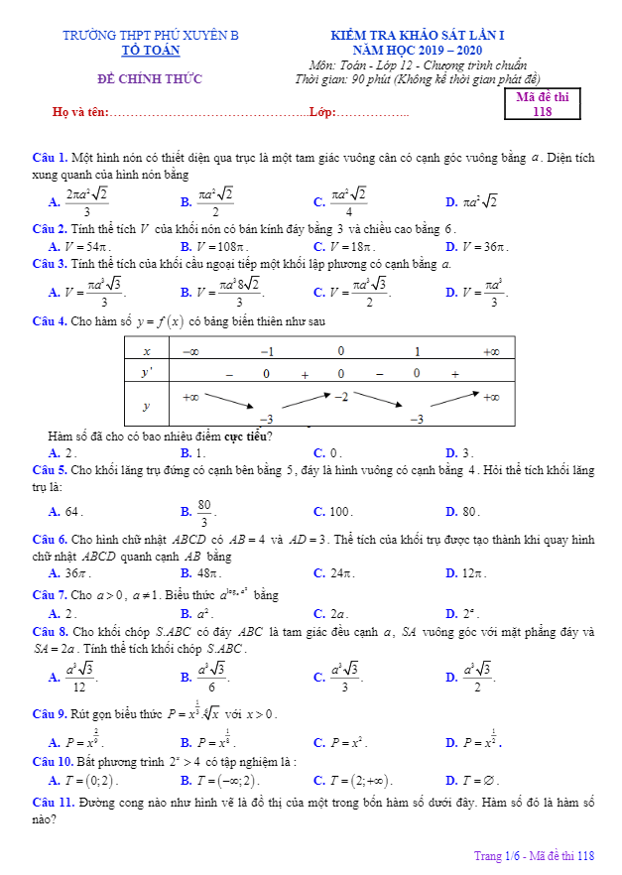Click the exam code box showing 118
point(542,104)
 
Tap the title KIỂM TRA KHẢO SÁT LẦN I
point(427,36)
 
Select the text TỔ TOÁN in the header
point(151,49)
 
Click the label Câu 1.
point(49,157)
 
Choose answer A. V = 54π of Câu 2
point(79,247)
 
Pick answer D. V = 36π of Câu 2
point(477,247)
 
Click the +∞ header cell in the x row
point(490,351)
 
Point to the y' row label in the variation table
point(147,373)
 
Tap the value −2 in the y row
point(340,396)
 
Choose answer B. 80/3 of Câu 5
point(198,512)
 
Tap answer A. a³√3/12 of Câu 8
point(74,678)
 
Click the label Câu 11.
point(52,801)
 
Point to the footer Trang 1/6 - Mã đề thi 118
point(534,856)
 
